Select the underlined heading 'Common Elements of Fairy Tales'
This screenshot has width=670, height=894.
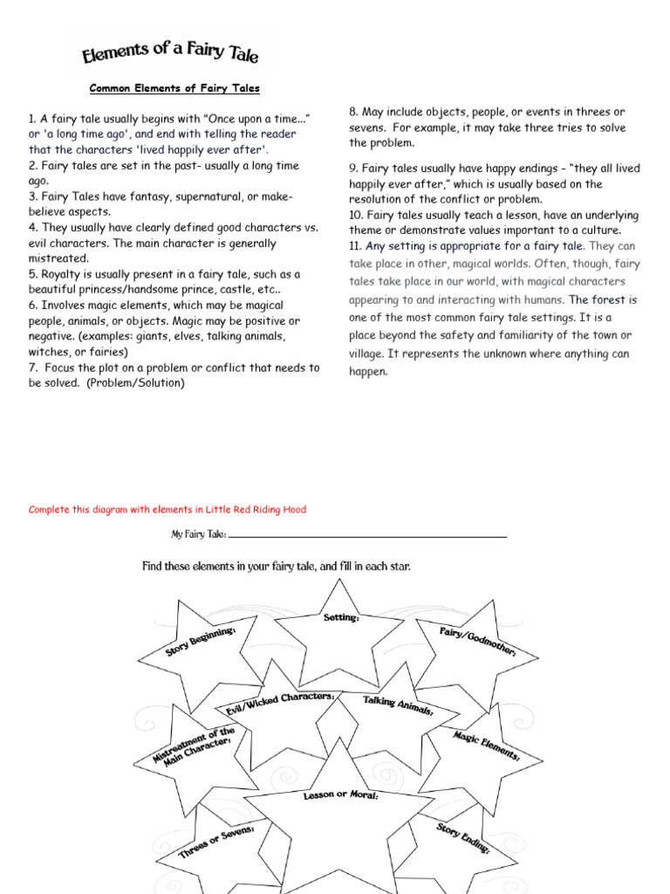coord(175,88)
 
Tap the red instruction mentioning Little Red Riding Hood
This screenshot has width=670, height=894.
coord(167,510)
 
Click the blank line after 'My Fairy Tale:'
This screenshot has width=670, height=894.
coord(367,534)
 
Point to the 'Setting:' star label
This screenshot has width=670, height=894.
coord(341,617)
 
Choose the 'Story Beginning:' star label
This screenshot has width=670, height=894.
coord(200,642)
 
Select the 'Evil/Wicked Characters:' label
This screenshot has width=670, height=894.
coord(279,704)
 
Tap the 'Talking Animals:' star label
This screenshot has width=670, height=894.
coord(398,705)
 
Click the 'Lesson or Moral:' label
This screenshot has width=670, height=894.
coord(340,795)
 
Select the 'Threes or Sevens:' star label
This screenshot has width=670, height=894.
coord(216,842)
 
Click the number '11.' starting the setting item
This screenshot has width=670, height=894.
coord(355,246)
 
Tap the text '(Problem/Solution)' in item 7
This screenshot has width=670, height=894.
coord(135,383)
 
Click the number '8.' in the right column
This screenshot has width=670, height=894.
coord(354,112)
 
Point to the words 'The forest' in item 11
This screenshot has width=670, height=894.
coord(597,299)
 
